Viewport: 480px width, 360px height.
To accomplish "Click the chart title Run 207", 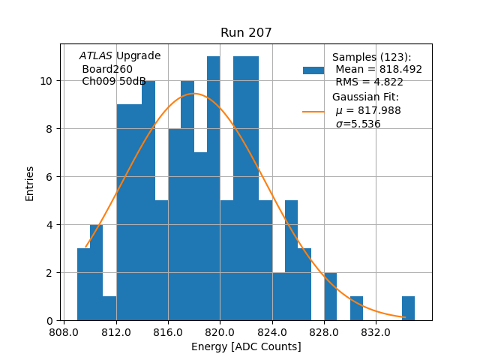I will click(x=246, y=33).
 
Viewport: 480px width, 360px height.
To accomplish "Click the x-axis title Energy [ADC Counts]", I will click(x=246, y=346).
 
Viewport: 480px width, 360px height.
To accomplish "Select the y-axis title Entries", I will click(x=30, y=183).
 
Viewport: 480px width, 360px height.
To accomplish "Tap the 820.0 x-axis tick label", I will click(x=220, y=331).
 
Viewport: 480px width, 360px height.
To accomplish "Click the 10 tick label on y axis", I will click(x=46, y=81).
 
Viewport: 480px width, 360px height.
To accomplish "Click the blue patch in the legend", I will click(x=313, y=70).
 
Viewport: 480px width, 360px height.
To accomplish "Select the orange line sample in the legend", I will click(x=313, y=111).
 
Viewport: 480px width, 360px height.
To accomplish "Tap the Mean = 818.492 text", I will click(x=378, y=69).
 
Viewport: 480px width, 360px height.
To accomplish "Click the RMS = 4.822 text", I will click(x=367, y=82).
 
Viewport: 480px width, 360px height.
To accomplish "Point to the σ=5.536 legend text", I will click(x=358, y=124).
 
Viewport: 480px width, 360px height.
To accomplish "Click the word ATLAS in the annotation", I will click(x=95, y=56).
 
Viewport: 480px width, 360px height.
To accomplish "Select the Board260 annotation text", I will click(x=107, y=69).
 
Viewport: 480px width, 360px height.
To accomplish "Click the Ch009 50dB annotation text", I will click(x=113, y=82).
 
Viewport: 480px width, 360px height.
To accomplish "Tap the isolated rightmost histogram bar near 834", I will click(x=408, y=308).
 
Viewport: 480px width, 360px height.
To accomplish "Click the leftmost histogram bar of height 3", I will click(x=83, y=285).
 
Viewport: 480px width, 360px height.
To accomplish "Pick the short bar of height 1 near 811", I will click(x=109, y=308).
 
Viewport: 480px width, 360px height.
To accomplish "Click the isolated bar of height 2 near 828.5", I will click(x=330, y=297).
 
